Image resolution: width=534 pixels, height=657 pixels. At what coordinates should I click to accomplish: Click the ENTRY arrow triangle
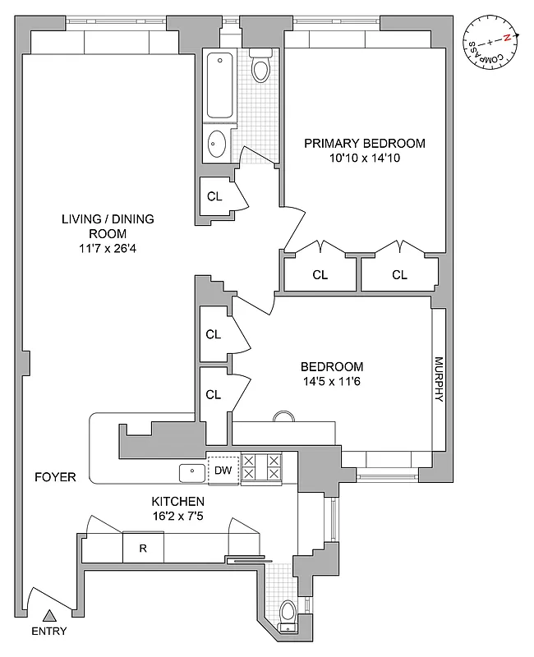[49, 614]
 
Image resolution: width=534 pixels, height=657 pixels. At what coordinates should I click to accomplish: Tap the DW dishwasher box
[222, 471]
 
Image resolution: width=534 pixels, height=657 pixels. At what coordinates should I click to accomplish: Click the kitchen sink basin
[191, 471]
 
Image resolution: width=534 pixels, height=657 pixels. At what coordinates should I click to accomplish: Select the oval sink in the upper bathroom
[218, 145]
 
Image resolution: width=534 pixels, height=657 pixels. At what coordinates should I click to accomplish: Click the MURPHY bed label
[439, 379]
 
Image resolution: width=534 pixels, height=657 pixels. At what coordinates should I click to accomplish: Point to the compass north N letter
[508, 38]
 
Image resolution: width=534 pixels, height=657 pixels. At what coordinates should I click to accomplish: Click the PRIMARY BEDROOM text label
[365, 143]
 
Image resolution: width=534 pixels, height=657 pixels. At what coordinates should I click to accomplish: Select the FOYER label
[55, 476]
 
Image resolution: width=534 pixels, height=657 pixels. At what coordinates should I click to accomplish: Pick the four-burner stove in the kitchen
[261, 467]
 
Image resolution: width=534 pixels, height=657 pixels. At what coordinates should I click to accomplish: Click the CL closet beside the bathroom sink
[214, 196]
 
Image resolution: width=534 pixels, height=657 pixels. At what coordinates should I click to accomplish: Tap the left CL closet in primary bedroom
[320, 275]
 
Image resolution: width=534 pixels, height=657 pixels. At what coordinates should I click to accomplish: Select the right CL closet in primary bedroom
[399, 275]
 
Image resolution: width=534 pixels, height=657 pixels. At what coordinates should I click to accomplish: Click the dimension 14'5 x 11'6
[331, 381]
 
